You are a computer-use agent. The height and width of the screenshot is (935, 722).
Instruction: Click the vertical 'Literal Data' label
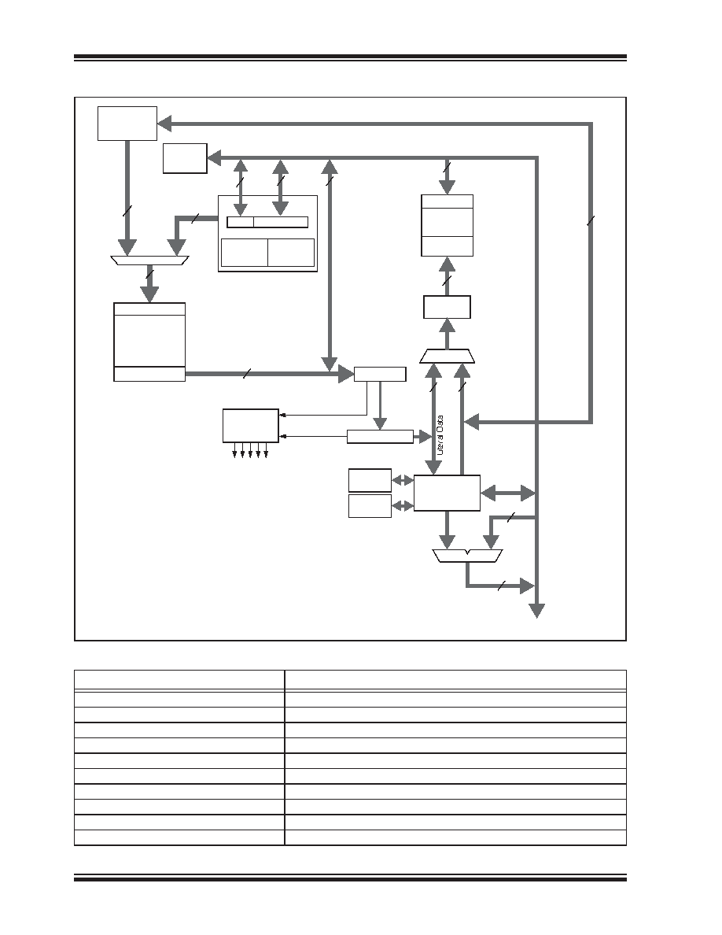440,435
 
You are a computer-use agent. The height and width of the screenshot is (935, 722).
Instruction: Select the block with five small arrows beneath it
251,426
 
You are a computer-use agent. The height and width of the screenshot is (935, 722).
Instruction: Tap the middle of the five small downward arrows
250,451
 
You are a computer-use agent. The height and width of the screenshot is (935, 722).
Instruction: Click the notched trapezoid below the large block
468,556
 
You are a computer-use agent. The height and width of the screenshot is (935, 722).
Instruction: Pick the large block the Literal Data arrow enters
447,493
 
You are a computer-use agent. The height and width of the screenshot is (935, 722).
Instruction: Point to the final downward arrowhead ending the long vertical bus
537,611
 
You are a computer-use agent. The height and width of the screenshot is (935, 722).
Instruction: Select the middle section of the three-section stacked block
448,223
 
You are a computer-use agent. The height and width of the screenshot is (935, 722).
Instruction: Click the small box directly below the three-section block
447,307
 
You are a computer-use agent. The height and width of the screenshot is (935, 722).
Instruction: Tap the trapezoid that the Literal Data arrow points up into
448,356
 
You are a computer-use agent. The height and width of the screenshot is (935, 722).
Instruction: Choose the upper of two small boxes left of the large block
370,480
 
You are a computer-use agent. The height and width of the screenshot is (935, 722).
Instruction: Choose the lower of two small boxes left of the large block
370,506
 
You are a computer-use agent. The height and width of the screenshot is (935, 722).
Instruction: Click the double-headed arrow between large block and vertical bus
507,493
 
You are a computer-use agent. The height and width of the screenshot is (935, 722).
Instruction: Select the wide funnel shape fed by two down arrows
149,261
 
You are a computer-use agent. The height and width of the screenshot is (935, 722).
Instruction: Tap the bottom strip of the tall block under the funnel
149,374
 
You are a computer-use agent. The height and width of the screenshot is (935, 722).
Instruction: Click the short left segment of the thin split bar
241,223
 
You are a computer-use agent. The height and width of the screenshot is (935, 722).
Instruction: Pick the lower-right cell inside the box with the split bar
291,253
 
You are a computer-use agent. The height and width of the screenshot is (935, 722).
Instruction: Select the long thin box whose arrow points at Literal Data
380,437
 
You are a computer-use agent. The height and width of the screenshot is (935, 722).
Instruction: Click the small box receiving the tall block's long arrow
380,374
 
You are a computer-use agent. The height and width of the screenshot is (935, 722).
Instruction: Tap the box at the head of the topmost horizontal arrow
127,124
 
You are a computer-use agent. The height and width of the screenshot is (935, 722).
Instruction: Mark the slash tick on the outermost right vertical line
591,221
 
